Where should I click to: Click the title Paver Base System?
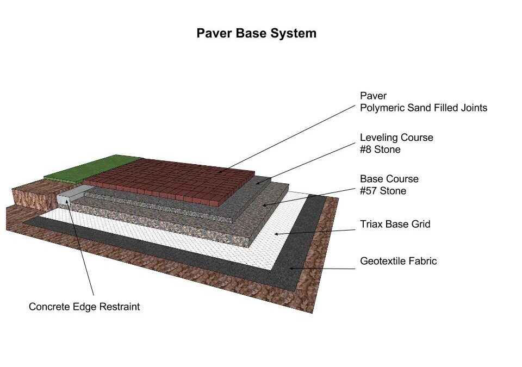coord(256,34)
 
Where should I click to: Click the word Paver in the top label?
coord(373,96)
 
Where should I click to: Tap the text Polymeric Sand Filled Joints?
coord(424,108)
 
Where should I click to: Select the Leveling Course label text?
coord(396,138)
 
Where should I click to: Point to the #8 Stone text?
coord(380,150)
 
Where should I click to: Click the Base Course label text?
coord(389,179)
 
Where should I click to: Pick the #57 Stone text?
coord(383,191)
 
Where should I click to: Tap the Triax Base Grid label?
coord(395,224)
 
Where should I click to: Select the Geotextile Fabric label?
coord(398,261)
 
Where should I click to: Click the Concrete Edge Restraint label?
coord(84,307)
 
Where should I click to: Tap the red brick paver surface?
coord(170,180)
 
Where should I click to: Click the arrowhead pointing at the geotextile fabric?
coord(291,268)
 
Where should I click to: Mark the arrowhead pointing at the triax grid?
coord(277,234)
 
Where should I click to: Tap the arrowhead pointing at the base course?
coord(265,205)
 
